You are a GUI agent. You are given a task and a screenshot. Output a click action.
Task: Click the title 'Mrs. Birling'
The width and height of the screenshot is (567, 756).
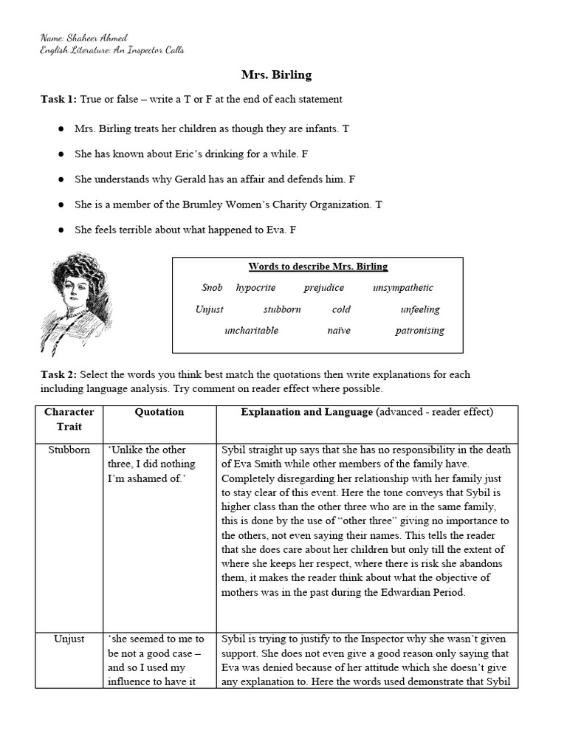[276, 75]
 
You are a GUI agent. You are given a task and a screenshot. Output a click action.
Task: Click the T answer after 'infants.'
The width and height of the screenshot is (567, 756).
[346, 128]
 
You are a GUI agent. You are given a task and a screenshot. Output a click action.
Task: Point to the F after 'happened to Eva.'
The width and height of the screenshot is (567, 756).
[293, 230]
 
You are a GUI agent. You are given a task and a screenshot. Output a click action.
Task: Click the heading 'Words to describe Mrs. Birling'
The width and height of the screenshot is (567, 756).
[317, 267]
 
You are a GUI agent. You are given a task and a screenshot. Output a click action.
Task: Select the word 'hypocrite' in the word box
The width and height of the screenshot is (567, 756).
[255, 288]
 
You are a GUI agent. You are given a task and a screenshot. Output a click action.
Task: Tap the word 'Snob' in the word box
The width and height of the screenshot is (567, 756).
[212, 288]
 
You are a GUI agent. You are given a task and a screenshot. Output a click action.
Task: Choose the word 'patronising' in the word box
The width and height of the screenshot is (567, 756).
[419, 331]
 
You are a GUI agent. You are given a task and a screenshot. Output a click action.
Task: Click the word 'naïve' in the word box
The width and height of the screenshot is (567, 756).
[339, 331]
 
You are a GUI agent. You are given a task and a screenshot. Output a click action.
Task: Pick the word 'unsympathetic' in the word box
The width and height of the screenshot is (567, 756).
[402, 288]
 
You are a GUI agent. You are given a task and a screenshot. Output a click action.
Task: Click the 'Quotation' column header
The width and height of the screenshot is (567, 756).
[159, 412]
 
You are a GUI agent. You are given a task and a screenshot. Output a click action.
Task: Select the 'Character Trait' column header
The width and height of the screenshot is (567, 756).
[69, 419]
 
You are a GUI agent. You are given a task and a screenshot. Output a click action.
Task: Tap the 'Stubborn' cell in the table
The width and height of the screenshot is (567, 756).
[69, 450]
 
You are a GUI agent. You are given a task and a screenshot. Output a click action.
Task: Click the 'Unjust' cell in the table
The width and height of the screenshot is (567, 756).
[69, 639]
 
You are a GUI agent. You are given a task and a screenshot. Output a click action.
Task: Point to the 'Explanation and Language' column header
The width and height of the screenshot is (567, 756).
[306, 412]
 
